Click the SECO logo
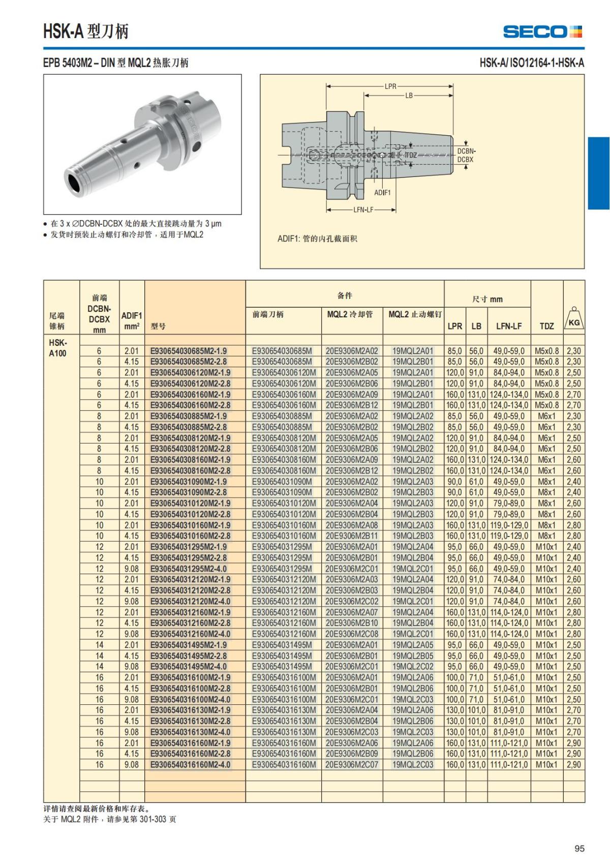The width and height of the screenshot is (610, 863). [x=542, y=32]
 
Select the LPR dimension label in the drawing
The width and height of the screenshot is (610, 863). [x=390, y=86]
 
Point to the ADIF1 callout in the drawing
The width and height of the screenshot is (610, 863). [x=382, y=193]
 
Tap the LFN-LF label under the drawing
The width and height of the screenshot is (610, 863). [x=363, y=210]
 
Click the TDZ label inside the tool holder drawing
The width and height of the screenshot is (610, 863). [x=411, y=155]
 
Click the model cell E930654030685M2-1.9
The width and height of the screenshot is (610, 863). [x=189, y=351]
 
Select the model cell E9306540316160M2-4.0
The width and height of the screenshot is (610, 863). [x=190, y=765]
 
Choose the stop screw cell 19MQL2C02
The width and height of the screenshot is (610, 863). [x=413, y=667]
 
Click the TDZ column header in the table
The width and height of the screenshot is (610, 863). [x=546, y=326]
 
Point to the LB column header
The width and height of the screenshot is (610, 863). [x=476, y=326]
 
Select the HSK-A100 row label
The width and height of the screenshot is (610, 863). [x=57, y=348]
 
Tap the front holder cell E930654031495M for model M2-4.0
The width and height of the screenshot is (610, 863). [x=282, y=667]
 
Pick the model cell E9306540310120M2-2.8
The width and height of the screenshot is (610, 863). [x=190, y=514]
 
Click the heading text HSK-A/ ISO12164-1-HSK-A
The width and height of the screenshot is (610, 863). [x=532, y=63]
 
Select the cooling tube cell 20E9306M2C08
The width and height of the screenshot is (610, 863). [x=352, y=634]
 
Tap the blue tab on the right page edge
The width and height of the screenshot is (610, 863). [x=599, y=173]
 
